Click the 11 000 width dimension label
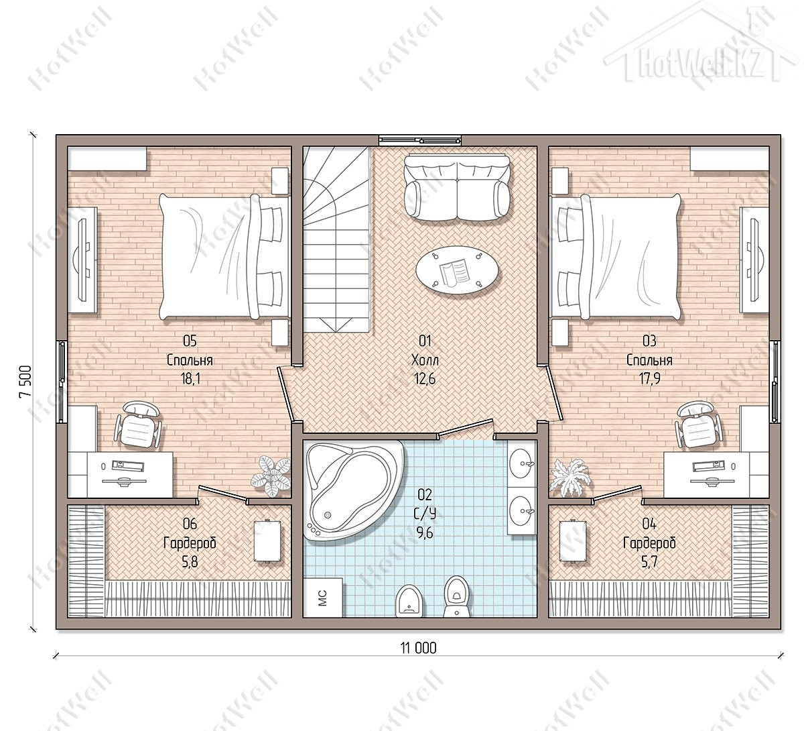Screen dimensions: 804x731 click(x=418, y=648)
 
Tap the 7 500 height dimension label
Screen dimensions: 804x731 click(x=25, y=382)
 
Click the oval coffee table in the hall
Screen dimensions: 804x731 click(x=457, y=270)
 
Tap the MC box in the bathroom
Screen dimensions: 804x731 click(x=323, y=598)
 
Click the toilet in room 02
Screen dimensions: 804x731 click(x=457, y=597)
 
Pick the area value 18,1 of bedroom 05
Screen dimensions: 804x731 click(x=190, y=378)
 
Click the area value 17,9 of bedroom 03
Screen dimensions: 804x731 click(x=649, y=378)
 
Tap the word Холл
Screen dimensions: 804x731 click(x=425, y=360)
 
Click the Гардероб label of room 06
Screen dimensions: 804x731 click(x=190, y=543)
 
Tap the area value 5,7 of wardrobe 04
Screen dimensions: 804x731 click(x=649, y=562)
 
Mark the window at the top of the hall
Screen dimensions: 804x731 click(x=420, y=140)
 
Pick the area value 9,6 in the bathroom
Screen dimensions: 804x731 click(x=425, y=532)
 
